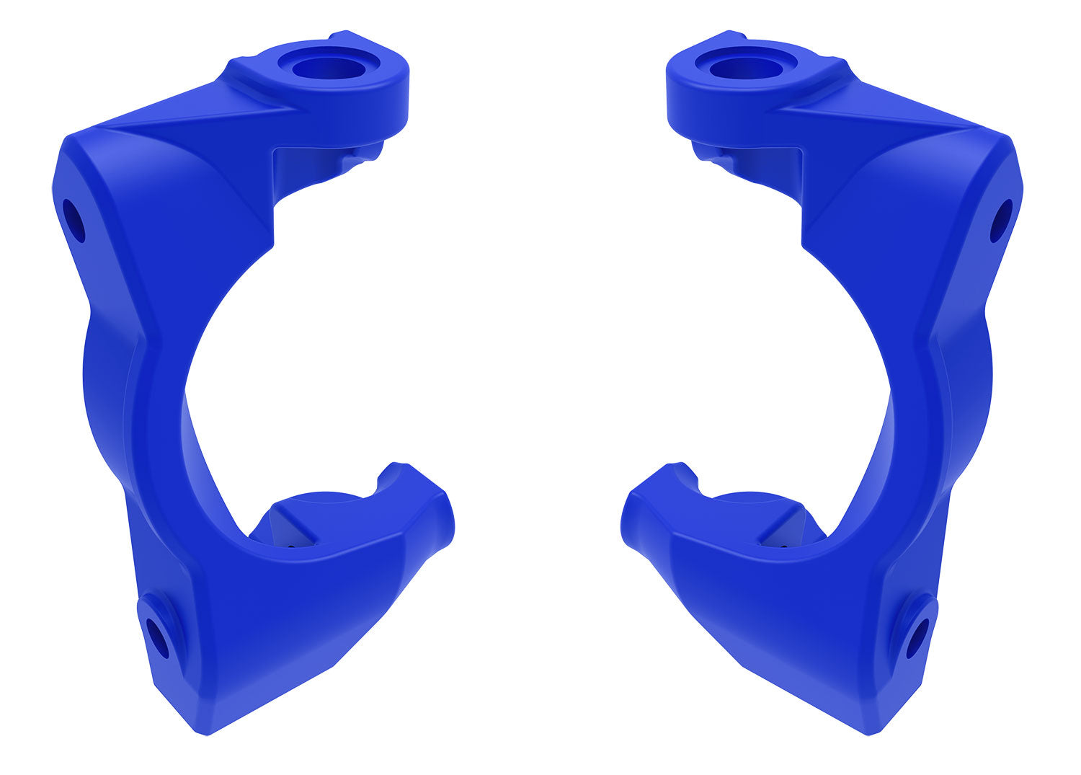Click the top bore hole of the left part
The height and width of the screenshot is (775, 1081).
coord(329,68)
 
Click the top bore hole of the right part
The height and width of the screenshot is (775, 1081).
coord(747,68)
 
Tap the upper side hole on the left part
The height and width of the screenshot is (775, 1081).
coord(74,221)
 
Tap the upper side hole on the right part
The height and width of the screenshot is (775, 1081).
coord(1001,221)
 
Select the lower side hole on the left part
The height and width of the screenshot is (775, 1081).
coord(157,638)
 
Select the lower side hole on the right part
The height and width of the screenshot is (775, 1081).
coord(917,638)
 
